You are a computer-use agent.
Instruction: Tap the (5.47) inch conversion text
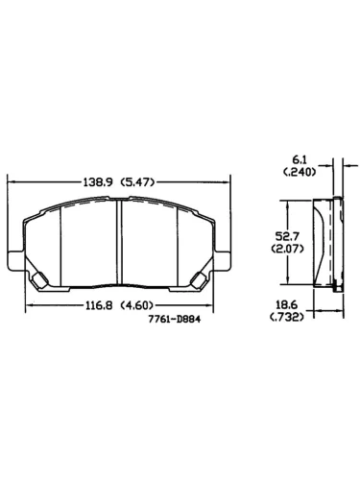[137, 182]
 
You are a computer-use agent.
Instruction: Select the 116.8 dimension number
[99, 305]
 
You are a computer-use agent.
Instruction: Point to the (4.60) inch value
[136, 305]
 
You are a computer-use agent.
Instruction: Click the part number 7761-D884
[175, 319]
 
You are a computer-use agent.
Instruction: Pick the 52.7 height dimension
[287, 236]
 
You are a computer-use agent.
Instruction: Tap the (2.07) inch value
[287, 249]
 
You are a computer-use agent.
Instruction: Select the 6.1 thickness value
[300, 159]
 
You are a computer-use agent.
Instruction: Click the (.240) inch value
[300, 172]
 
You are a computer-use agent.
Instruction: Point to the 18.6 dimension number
[282, 304]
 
